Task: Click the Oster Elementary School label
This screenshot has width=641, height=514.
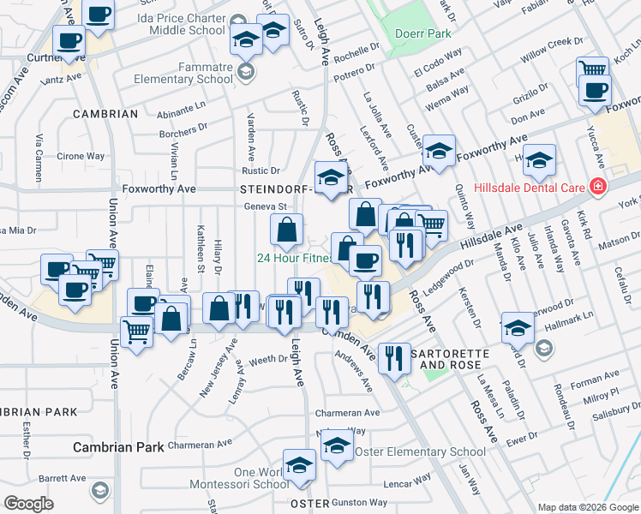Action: tap(420, 451)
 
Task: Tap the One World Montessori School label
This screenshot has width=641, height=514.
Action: tap(261, 478)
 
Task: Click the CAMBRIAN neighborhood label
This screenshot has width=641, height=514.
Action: tap(105, 114)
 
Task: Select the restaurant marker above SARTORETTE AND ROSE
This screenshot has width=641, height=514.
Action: tap(392, 357)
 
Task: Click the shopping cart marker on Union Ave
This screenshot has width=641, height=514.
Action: tap(137, 331)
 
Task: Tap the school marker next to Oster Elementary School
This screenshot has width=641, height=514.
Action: tap(338, 446)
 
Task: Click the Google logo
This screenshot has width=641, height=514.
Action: tap(30, 504)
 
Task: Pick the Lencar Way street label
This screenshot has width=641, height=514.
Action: tap(407, 483)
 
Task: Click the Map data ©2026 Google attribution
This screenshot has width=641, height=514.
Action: tap(587, 507)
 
